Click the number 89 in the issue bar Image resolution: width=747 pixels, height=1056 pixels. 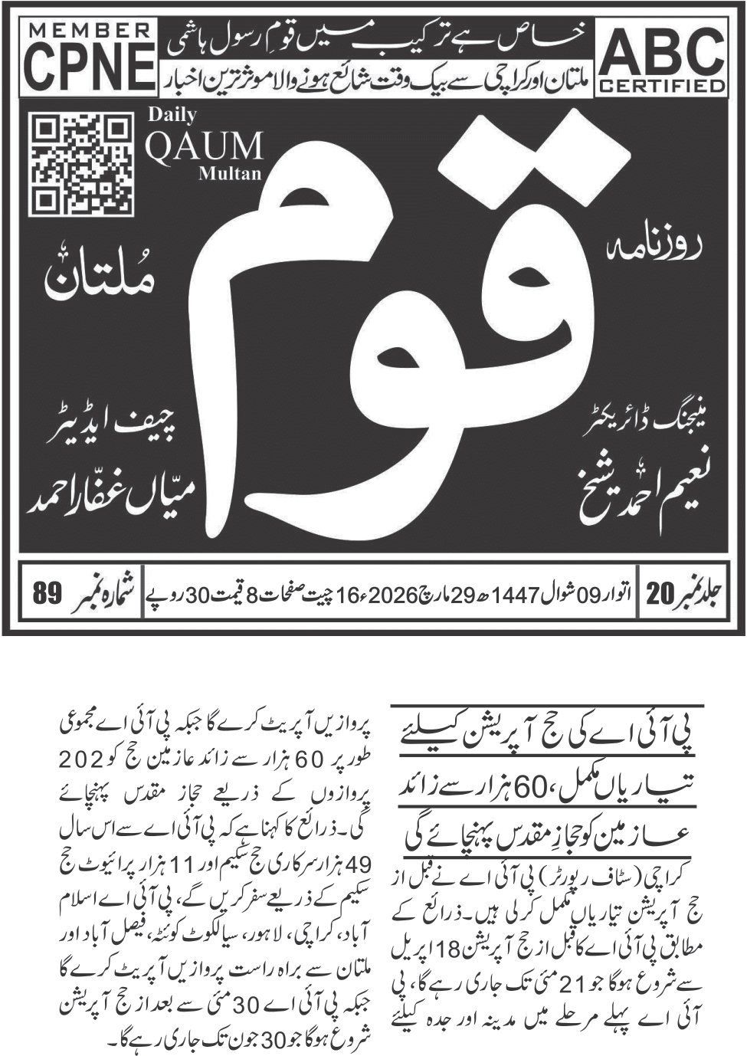tap(48, 595)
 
